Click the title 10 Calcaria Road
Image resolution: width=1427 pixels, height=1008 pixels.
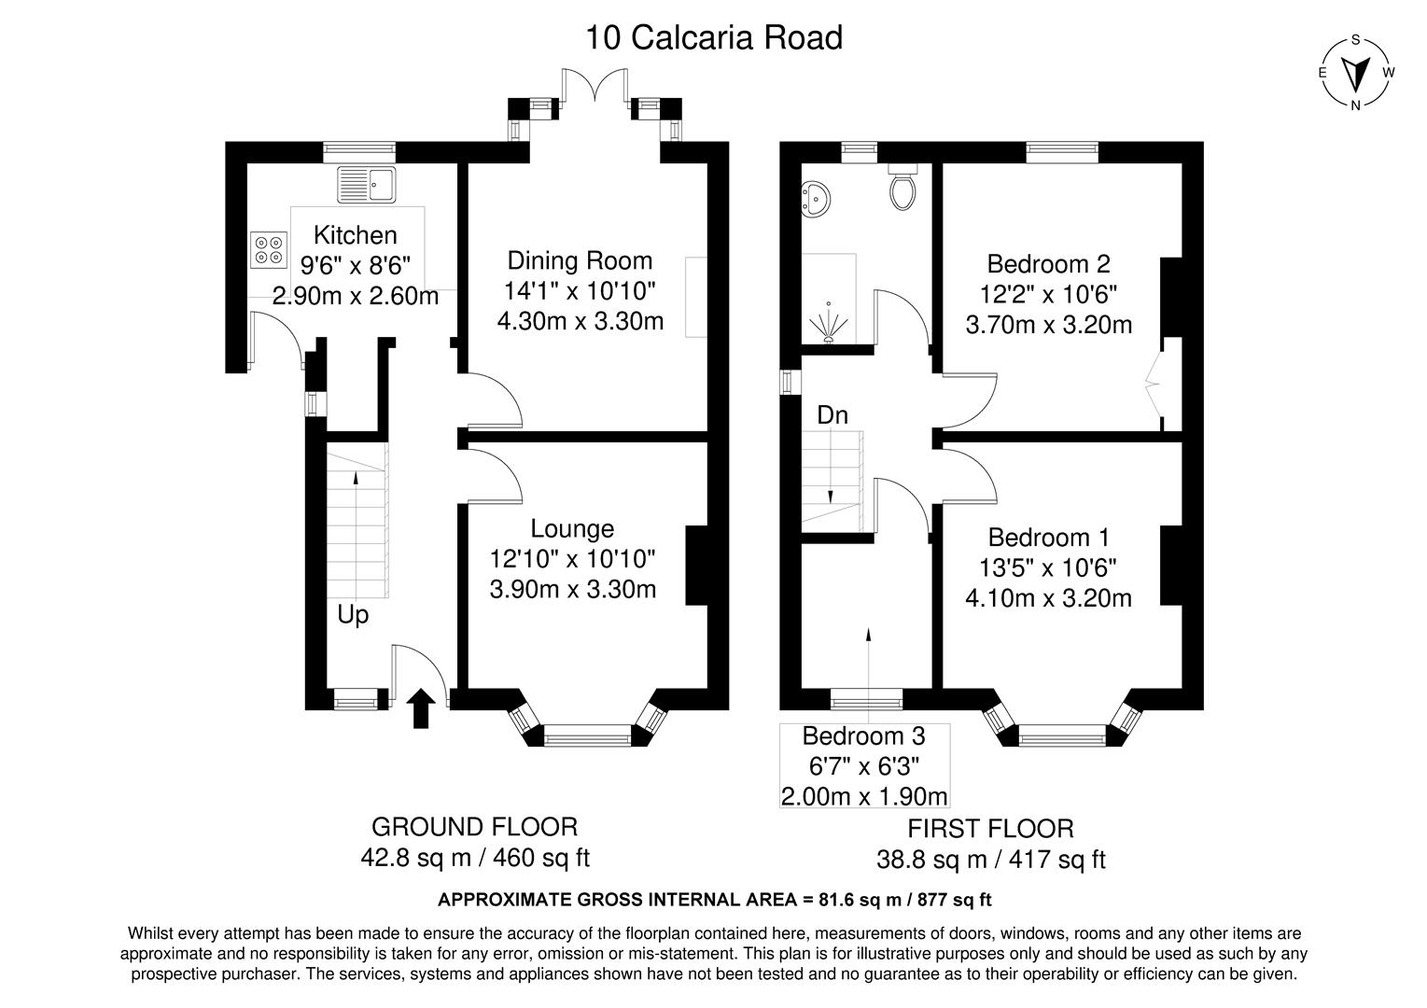(x=713, y=38)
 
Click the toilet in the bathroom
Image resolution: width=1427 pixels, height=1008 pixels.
(x=903, y=187)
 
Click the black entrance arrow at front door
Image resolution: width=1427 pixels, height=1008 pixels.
(x=421, y=708)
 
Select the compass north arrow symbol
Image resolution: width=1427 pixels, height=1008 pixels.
(x=1356, y=72)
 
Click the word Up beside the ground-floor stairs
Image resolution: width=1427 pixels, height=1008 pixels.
(x=353, y=615)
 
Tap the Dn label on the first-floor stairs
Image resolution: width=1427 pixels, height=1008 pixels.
(x=832, y=414)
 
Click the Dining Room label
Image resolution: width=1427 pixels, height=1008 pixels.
(x=580, y=260)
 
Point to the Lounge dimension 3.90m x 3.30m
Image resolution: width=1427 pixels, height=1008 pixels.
(x=572, y=589)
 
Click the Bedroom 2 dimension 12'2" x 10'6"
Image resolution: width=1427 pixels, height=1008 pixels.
(x=1048, y=294)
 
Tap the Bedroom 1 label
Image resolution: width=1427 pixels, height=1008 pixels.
(x=1048, y=538)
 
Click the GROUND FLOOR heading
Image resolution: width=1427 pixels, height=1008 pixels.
(x=474, y=827)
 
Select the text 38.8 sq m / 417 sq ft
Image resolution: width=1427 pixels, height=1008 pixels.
(x=990, y=859)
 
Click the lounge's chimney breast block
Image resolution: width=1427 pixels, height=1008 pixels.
(x=696, y=566)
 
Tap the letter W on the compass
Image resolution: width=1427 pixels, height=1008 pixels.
(x=1389, y=72)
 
